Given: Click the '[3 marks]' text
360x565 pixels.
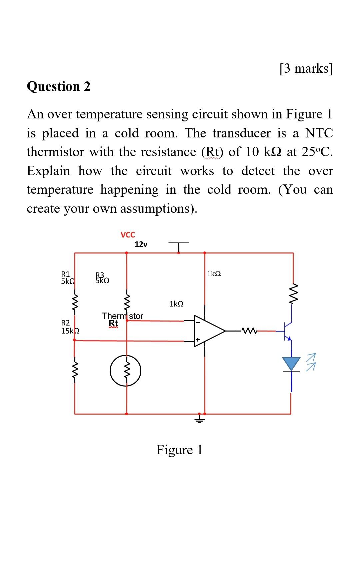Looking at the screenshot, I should pos(306,68).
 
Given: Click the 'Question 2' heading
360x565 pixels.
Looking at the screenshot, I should pos(58,86).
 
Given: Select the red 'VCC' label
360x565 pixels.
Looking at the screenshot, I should pos(128,235).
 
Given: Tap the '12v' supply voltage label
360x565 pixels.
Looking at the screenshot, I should pos(141,244).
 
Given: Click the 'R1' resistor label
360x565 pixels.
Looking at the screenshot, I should pos(65,274).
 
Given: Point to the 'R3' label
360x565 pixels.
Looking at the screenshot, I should pos(100,275).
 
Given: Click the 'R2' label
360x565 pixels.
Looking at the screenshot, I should pos(66,323).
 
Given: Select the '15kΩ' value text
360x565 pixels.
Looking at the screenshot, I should pos(70,331).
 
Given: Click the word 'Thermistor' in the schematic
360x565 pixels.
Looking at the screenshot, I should pos(122,316).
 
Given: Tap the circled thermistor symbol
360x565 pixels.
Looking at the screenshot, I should pos(126,371).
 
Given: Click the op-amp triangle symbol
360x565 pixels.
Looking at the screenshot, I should pos(208,331).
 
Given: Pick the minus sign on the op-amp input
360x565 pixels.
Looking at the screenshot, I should pos(197,323).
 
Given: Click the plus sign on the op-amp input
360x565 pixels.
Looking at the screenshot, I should pos(197,340).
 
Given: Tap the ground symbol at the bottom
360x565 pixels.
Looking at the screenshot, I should pos(200,419).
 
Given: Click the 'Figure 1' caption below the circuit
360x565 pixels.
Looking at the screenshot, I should pos(179,450).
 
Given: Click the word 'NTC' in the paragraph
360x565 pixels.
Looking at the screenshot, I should pos(319,133).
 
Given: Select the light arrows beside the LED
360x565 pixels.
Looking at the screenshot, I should pos(311,362).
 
